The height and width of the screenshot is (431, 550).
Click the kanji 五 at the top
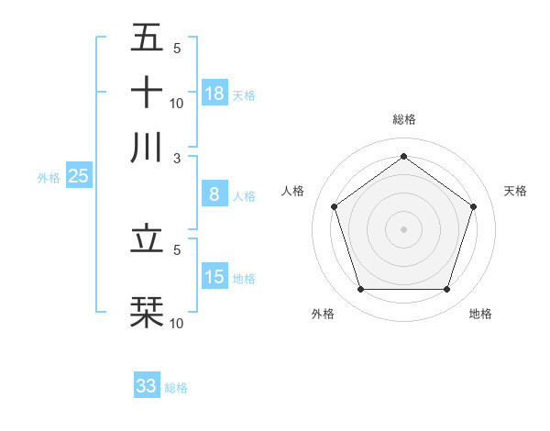click(x=147, y=39)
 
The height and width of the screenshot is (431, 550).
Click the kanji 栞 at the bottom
click(x=147, y=313)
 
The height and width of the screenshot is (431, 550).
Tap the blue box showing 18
click(x=214, y=93)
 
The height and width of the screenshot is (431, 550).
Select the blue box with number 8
click(x=214, y=194)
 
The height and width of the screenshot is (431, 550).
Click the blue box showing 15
click(x=214, y=277)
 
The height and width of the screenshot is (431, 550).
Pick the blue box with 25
click(x=78, y=176)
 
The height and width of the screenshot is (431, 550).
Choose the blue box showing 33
click(x=147, y=386)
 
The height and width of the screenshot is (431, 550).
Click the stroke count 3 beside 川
click(x=176, y=157)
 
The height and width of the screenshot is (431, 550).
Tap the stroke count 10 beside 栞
click(x=177, y=323)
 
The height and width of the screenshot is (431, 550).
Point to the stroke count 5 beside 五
click(x=176, y=48)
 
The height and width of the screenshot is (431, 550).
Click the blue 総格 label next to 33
click(x=176, y=388)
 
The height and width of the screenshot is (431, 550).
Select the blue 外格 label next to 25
click(x=48, y=178)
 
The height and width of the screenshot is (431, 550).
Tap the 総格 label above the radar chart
click(x=403, y=119)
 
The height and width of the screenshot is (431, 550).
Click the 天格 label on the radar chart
click(x=515, y=191)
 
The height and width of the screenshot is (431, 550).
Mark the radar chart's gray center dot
click(x=403, y=228)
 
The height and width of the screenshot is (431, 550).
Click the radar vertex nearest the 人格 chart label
click(x=334, y=206)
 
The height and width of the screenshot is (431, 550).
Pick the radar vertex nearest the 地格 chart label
click(x=446, y=289)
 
